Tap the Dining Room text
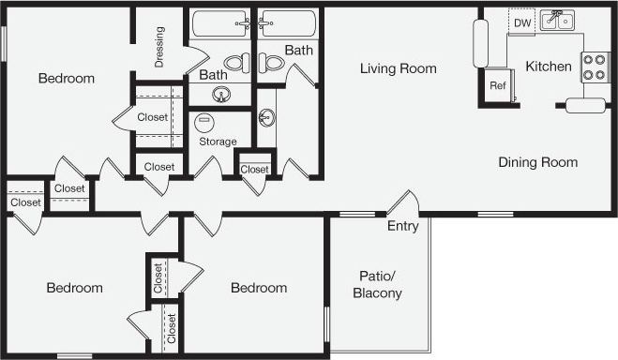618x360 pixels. point(537,162)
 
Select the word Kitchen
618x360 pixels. point(549,67)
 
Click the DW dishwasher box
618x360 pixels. point(522,22)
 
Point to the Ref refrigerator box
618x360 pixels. point(497,85)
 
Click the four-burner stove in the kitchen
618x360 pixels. point(594,67)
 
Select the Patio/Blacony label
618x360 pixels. point(377,284)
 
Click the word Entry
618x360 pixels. point(403,226)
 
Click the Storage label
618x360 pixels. point(218,142)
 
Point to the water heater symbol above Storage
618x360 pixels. point(203,121)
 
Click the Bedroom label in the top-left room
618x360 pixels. point(66,79)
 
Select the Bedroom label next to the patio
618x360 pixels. point(259,288)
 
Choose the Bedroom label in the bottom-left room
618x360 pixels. point(74,288)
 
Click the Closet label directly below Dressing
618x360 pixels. point(152,117)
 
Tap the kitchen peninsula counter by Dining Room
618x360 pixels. point(583,104)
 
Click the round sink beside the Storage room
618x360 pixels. point(267,118)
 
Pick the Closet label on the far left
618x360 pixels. point(25,202)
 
